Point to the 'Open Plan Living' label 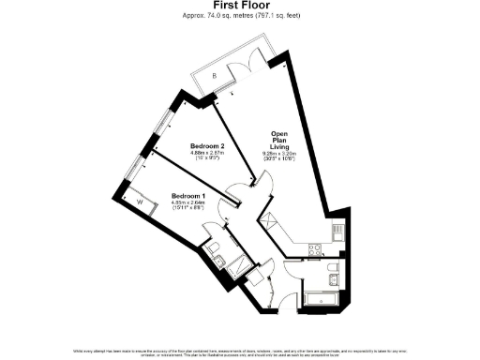pyautogui.click(x=281, y=140)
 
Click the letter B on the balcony pyautogui.click(x=214, y=74)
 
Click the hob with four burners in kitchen pyautogui.click(x=315, y=248)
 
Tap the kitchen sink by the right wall pyautogui.click(x=335, y=232)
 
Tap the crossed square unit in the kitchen pyautogui.click(x=270, y=222)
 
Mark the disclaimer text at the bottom pyautogui.click(x=239, y=352)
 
